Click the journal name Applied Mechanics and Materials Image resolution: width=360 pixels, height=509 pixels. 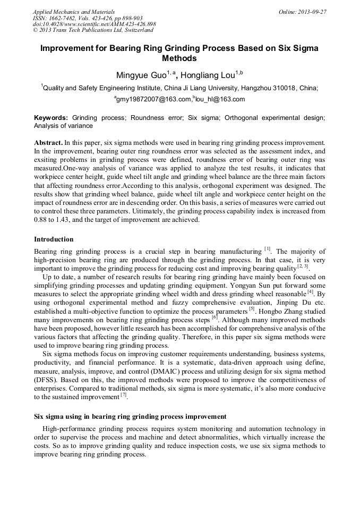pyautogui.click(x=66, y=12)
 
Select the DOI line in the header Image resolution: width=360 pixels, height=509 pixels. pyautogui.click(x=94, y=24)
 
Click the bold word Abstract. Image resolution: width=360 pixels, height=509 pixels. pyautogui.click(x=48, y=143)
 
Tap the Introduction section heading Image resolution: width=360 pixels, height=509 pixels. pyautogui.click(x=54, y=239)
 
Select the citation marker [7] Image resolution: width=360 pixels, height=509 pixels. pyautogui.click(x=123, y=395)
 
